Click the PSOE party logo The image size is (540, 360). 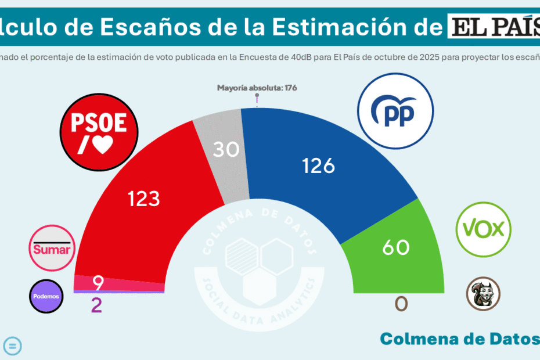99,134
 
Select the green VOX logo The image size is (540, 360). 483,229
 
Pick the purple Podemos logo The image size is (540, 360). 46,296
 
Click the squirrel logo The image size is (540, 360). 483,293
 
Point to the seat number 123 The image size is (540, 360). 144,199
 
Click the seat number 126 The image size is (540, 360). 319,166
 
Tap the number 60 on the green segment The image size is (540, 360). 396,248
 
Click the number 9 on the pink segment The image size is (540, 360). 98,283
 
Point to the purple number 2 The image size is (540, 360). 97,305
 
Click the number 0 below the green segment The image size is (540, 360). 401,304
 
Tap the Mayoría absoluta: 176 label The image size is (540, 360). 257,88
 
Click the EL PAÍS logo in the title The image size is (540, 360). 492,26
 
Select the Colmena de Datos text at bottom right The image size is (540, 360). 459,339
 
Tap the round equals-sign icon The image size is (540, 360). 13,346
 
